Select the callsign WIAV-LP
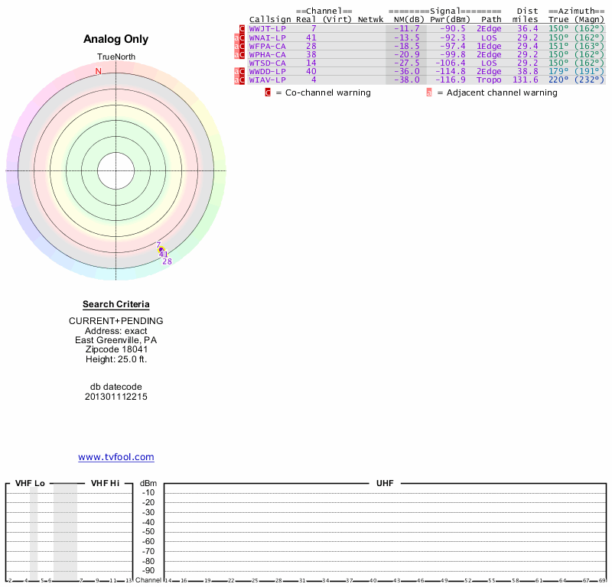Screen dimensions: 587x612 [x=267, y=79]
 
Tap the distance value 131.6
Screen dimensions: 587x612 [x=526, y=79]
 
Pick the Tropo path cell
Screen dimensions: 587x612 [x=489, y=79]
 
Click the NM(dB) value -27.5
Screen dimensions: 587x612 [x=406, y=63]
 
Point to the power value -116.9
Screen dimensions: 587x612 [x=450, y=79]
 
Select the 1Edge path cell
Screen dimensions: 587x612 [x=489, y=46]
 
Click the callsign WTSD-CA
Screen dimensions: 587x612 [x=267, y=63]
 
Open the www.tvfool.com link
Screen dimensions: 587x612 [x=116, y=457]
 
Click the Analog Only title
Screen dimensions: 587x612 [x=116, y=40]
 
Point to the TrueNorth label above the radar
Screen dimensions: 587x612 [x=116, y=57]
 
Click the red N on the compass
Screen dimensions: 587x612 [x=98, y=71]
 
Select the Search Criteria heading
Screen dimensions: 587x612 [x=116, y=304]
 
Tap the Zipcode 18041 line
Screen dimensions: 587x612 [x=116, y=349]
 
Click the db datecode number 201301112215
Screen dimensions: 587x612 [x=116, y=397]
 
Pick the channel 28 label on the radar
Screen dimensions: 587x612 [x=167, y=261]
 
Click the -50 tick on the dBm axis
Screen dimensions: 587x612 [x=148, y=531]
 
